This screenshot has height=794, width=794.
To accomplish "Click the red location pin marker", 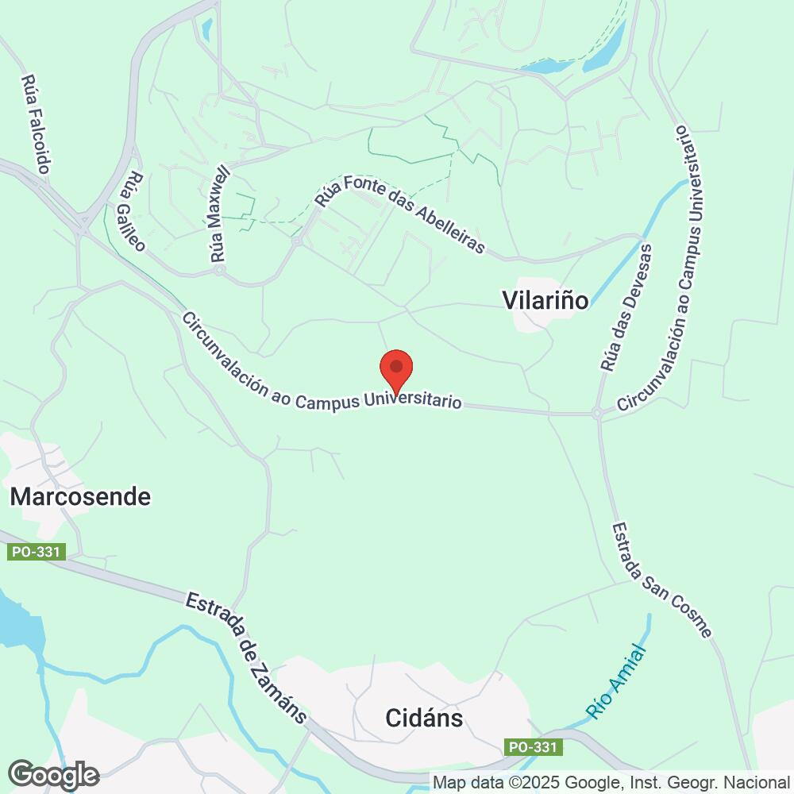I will coord(396,369).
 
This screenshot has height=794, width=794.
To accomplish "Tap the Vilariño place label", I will coord(545,300).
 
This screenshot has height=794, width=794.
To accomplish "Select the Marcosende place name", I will coord(80,497).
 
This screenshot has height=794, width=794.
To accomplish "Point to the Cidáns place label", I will coord(423,719).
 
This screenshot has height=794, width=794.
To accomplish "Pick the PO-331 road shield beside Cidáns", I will coord(534,747).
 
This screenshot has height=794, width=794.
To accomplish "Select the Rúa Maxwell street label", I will coord(219,215).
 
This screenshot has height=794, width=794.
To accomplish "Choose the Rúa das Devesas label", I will coord(626,308).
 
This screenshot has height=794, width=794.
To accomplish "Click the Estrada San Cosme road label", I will coord(662,579).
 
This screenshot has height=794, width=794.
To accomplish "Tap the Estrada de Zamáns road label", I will coord(245,656).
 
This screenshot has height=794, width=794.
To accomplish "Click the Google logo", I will coord(53,774).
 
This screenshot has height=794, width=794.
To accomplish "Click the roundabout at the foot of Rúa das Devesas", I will coord(596,413).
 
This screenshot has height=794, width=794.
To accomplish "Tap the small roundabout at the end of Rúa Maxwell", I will coord(219,270).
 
